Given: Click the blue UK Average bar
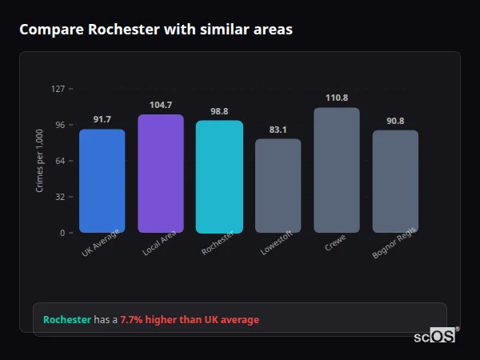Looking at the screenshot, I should pos(102,181).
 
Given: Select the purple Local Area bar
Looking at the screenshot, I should pos(161,174).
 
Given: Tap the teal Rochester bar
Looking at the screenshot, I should pos(219,177).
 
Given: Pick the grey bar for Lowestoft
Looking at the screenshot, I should pos(278,186).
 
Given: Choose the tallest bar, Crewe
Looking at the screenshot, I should pos(337,170).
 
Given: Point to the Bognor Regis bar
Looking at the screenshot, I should pos(395,182).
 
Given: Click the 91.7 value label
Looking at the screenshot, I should pos(102,120).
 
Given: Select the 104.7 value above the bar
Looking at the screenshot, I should pos(161,105).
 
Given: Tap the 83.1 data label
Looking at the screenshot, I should pos(278,130).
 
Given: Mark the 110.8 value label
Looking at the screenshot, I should pos(337,98).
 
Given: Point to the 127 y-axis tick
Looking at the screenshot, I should pos(58,89).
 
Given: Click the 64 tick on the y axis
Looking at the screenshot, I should pos(60,161).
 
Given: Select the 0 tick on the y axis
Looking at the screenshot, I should pos(62,233).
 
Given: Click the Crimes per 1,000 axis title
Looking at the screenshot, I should pos(40,161).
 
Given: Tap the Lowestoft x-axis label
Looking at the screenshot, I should pos(277,243).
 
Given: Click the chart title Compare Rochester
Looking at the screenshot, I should pos(156,30).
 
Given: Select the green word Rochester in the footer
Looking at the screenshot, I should pos(67,320).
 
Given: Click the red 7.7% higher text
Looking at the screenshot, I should pos(190,320).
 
